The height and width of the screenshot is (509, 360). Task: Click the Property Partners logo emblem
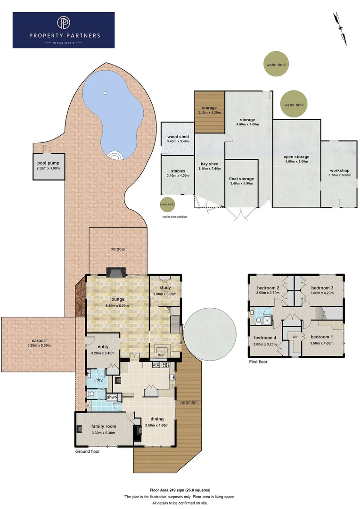pos(63,23)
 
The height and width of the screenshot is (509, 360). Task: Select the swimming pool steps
pos(115,155)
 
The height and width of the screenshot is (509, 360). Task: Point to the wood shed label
pos(178,136)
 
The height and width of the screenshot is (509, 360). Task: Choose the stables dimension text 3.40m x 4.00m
pos(178,176)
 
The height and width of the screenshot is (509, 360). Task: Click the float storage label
pos(241,179)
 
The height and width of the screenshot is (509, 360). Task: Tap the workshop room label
pos(339,170)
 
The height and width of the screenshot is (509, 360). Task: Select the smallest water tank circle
pos(166,205)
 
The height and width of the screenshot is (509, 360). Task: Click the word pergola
pos(118,249)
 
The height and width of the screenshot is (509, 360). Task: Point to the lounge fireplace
pos(115,272)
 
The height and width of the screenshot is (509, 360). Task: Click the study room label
pos(165,287)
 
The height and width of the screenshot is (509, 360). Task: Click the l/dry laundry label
pos(99,380)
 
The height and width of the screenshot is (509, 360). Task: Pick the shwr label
pos(112,397)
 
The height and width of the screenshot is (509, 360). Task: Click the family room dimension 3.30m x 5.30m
pos(104,433)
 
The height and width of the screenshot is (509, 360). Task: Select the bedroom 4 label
pos(265,337)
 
